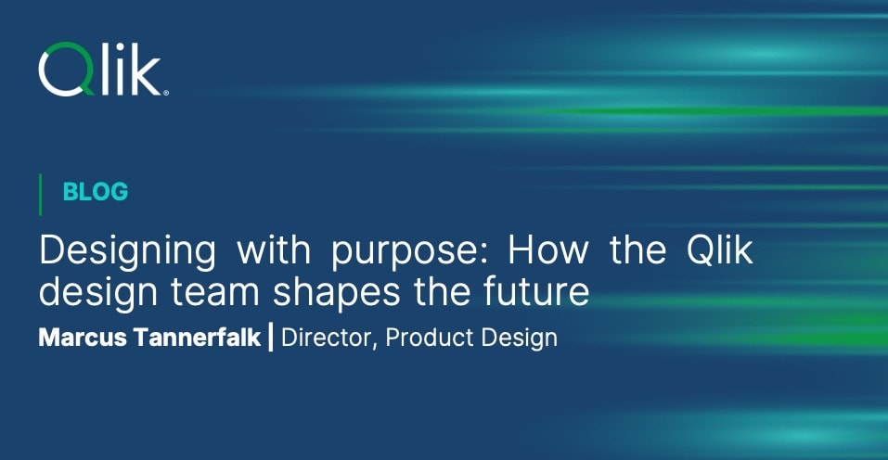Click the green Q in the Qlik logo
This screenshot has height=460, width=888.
point(65,70)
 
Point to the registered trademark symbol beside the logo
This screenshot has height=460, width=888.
point(165,92)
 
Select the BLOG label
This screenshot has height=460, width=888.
point(95,192)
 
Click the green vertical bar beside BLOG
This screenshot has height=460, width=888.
point(41,193)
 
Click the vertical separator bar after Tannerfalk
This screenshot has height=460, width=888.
point(270,337)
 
